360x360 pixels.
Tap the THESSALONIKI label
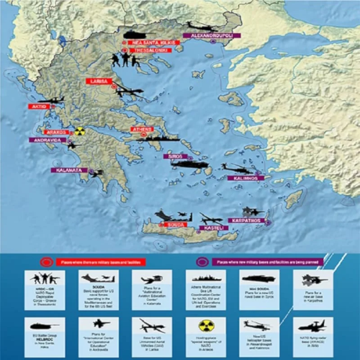coord(154,51)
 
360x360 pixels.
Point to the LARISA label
coord(98,81)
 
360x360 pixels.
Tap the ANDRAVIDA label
coord(48,140)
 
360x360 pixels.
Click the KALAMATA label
coord(69,171)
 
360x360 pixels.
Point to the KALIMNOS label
coord(243,178)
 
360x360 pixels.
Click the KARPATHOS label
coord(246,220)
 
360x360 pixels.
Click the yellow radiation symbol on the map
coord(80,131)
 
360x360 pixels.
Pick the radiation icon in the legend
coord(205,325)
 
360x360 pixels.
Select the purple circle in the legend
coord(202,261)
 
